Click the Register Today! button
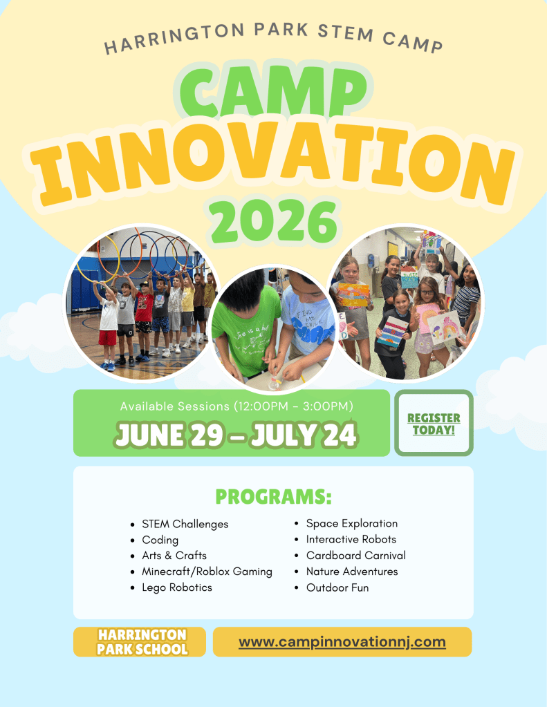[434, 423]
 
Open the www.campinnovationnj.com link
[342, 641]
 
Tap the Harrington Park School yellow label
[140, 641]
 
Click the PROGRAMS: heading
[274, 496]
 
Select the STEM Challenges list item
[185, 524]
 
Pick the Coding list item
[160, 540]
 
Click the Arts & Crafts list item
[174, 556]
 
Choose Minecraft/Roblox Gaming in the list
[207, 572]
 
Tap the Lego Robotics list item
[177, 587]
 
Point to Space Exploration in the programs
[352, 523]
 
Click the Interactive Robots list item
[351, 539]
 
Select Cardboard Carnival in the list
[356, 556]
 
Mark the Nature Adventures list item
[352, 572]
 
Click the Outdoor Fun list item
[337, 587]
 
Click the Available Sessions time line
[237, 406]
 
